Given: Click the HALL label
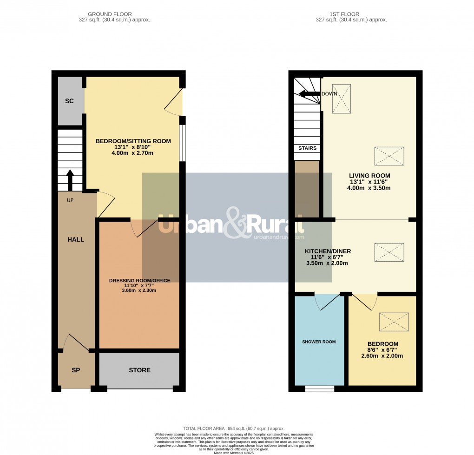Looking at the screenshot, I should (x=76, y=239).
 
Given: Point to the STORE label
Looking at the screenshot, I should (x=139, y=370).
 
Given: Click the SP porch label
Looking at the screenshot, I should (x=76, y=370).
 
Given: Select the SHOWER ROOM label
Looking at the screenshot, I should (x=319, y=342).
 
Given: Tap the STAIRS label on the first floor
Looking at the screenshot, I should (x=307, y=148).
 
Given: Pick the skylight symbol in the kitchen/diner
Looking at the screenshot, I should (x=389, y=252).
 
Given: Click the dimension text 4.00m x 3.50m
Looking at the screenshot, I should (x=369, y=188).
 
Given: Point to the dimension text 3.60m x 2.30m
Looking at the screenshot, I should (x=139, y=290).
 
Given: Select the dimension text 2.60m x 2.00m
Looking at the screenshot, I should (x=382, y=356).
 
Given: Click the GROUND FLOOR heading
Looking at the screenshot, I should (x=114, y=14).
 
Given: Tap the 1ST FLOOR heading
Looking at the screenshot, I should (x=351, y=14).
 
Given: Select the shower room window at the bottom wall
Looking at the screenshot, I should (x=319, y=389).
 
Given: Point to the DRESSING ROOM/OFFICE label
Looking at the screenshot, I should (x=139, y=280).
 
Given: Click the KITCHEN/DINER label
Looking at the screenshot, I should (x=328, y=251).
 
